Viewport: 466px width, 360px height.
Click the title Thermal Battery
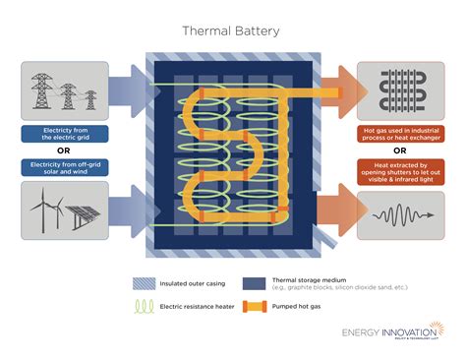click(x=232, y=30)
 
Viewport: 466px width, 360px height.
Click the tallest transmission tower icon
click(x=41, y=90)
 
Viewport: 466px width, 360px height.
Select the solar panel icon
click(x=83, y=217)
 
